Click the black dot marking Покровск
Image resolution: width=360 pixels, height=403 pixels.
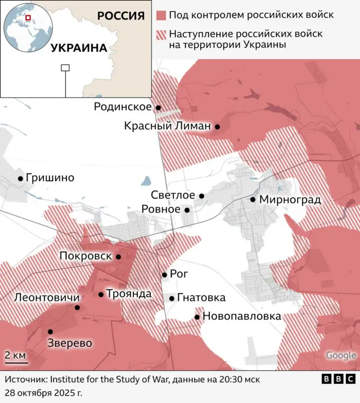119,257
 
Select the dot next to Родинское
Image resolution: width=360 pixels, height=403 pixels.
159,108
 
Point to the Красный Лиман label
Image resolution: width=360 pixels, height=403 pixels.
167,127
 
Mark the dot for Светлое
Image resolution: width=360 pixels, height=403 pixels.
202,196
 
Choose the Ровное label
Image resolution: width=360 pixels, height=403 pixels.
161,209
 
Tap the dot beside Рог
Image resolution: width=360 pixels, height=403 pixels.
164,275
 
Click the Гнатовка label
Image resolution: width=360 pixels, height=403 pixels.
201,298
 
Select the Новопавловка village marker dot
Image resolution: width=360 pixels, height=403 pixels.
197,317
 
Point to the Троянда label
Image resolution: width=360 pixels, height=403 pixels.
128,294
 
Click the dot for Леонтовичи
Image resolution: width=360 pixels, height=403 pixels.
78,307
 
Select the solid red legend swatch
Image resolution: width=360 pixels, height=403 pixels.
161,15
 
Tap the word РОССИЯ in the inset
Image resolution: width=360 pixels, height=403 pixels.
121,15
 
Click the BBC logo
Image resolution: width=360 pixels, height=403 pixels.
338,379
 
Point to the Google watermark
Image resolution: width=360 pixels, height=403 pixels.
341,355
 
